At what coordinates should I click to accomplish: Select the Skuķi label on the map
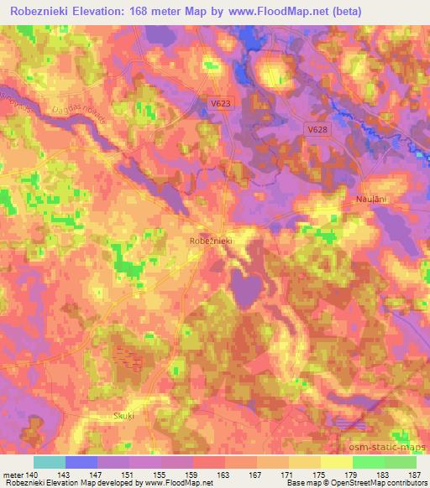tap(123, 416)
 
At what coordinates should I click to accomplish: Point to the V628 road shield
tap(317, 130)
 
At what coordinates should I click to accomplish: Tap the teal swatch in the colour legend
tap(50, 462)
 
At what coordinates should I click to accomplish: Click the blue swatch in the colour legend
tap(81, 462)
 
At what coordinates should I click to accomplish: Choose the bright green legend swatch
tap(369, 462)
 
